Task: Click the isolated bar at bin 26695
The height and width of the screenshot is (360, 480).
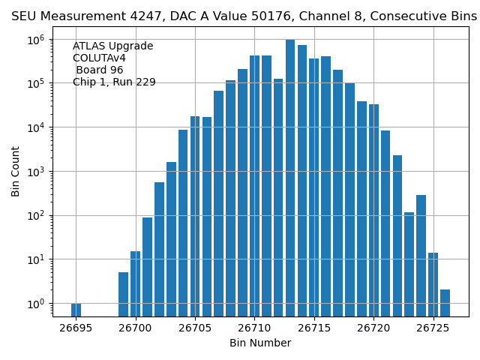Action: [x=76, y=309]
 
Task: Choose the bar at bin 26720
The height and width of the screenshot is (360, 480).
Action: [x=373, y=210]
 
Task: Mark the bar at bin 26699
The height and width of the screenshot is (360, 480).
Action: [x=123, y=294]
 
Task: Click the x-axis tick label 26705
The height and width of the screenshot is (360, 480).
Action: [x=195, y=328]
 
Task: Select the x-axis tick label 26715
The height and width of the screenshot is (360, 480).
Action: [x=314, y=328]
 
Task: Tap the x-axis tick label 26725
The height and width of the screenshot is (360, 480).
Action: [x=433, y=328]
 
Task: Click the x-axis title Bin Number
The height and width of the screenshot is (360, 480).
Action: [x=260, y=343]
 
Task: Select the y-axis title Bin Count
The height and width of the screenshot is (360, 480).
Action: [x=16, y=172]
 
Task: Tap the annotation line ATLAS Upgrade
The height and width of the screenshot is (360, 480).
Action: [x=112, y=46]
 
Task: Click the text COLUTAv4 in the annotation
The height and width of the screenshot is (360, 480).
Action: [x=99, y=58]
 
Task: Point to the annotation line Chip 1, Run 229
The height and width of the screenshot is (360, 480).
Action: [x=114, y=82]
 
